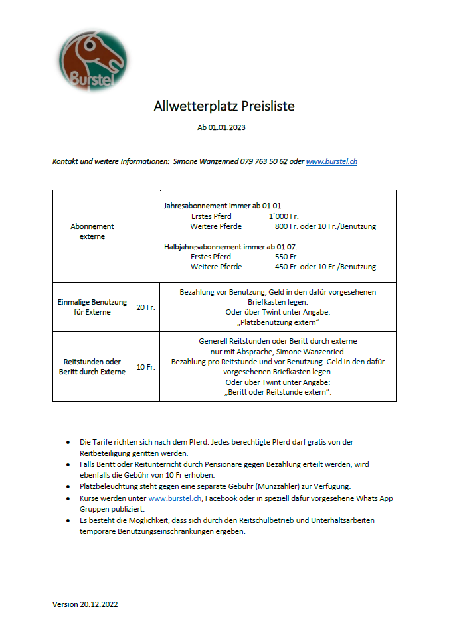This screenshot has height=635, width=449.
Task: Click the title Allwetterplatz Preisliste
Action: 224,106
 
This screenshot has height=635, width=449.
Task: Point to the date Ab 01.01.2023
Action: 221,127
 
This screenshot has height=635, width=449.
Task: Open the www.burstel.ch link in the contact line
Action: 331,161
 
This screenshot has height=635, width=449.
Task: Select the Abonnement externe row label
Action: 92,231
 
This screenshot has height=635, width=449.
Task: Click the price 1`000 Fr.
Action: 284,216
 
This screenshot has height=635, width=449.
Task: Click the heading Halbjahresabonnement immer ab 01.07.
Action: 221,247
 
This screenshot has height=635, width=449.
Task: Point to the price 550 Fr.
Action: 286,257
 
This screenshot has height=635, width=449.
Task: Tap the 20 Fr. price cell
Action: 145,307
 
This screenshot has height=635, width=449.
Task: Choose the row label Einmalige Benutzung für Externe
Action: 92,307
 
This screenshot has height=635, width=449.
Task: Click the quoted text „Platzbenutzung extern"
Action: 278,322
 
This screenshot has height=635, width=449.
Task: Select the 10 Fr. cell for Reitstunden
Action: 145,367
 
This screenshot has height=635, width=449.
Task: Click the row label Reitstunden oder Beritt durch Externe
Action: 92,366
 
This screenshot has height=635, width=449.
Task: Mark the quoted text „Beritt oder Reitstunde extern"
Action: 278,392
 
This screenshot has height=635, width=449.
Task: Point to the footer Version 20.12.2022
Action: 85,604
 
